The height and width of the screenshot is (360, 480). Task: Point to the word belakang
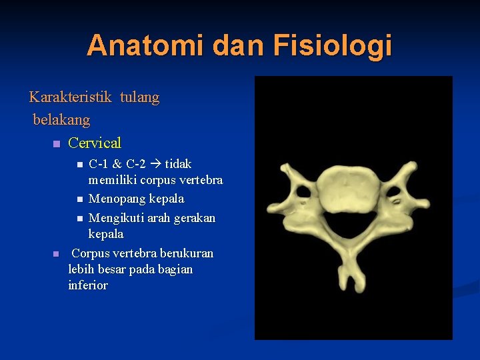tap(61, 121)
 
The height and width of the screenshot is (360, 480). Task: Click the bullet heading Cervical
tap(95, 143)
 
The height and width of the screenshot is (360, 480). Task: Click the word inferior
tap(87, 285)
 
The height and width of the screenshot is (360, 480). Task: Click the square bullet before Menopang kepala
tap(79, 199)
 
